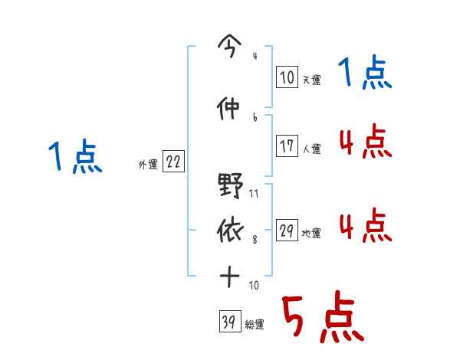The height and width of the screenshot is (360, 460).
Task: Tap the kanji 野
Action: [230, 186]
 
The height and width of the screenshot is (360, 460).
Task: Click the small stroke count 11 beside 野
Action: [254, 195]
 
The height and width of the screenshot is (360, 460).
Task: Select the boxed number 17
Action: [287, 146]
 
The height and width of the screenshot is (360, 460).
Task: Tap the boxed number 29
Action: [287, 231]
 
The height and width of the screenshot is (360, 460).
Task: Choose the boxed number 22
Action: [173, 162]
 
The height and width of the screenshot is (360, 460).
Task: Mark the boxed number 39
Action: [228, 322]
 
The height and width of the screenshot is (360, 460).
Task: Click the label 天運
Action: [311, 80]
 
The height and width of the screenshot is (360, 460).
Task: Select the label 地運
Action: [311, 234]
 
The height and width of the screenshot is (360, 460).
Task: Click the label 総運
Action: [255, 325]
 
